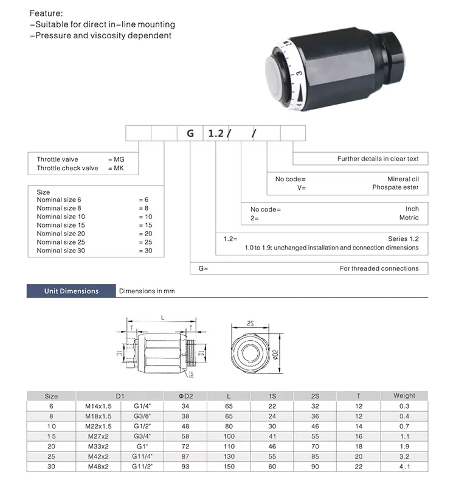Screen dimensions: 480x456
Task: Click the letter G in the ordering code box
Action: [x=190, y=133]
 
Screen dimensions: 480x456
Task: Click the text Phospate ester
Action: [x=395, y=188]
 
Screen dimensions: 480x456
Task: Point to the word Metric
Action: [x=409, y=217]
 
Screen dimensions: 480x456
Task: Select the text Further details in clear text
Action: [x=378, y=159]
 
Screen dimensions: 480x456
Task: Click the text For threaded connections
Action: [x=379, y=268]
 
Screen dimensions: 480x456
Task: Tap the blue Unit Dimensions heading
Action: [x=71, y=291]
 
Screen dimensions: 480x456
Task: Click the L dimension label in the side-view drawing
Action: [x=162, y=317]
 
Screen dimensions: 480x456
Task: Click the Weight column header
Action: [x=404, y=395]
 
